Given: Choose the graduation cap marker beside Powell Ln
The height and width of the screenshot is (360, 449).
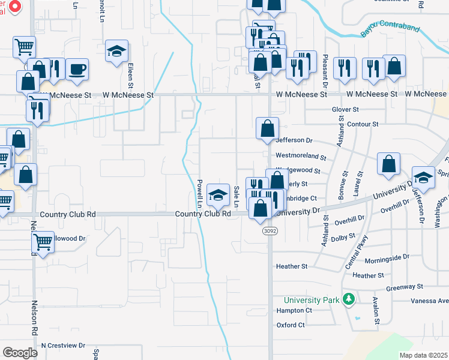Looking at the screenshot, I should [x=218, y=194].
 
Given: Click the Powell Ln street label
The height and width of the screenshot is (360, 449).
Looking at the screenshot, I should [x=199, y=192].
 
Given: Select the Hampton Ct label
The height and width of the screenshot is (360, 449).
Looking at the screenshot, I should [x=294, y=311].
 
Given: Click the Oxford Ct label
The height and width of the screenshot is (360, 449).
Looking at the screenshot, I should [x=291, y=325].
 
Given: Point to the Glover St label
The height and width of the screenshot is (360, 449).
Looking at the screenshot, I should [x=345, y=110].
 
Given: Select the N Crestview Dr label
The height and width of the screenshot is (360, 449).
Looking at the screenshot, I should [x=64, y=346].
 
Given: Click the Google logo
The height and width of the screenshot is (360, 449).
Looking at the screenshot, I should [x=20, y=352].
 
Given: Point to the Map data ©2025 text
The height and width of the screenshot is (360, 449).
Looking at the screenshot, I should [x=423, y=355].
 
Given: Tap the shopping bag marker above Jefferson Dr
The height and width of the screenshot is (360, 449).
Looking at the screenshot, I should [x=267, y=128].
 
